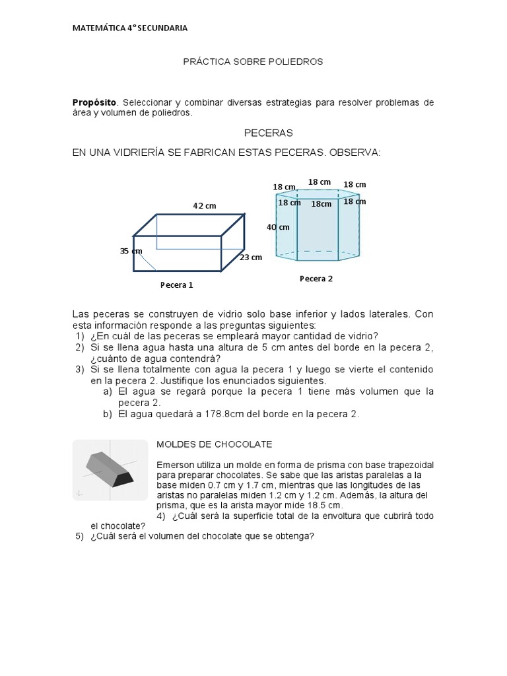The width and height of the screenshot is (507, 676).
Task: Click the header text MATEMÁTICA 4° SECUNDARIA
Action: [x=129, y=28]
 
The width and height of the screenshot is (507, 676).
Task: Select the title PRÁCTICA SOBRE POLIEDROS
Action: [x=253, y=61]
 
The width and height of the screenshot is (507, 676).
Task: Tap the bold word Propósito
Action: [x=94, y=102]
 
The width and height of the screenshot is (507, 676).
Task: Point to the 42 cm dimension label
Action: [x=205, y=206]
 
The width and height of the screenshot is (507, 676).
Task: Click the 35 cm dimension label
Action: [x=131, y=251]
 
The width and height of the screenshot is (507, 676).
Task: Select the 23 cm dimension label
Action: [x=251, y=257]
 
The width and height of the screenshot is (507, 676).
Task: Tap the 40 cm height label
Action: [x=278, y=227]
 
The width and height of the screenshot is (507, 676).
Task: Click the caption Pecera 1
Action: [x=177, y=285]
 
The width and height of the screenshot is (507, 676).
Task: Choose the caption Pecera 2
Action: [x=316, y=279]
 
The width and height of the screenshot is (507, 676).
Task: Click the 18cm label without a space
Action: [x=321, y=204]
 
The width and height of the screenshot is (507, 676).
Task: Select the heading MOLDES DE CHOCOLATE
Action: [x=215, y=444]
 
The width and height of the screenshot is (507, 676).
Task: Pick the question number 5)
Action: [x=79, y=535]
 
